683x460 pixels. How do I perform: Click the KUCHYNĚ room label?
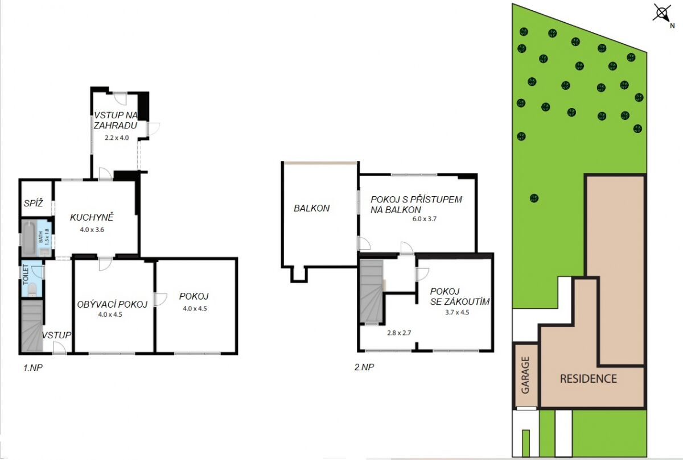92,217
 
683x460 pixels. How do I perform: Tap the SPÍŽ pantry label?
33,203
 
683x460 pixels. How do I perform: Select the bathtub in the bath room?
29,238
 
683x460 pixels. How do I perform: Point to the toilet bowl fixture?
32,290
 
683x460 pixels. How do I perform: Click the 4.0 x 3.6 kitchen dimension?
92,230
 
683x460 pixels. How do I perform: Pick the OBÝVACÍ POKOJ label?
112,304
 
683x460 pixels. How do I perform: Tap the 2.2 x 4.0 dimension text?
117,138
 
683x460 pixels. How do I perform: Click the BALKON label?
312,208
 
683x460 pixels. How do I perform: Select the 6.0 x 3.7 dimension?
425,219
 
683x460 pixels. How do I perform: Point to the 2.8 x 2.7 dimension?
399,333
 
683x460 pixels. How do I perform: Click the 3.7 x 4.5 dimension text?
457,312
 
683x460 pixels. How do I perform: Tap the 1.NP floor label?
33,368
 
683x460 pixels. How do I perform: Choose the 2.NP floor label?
364,367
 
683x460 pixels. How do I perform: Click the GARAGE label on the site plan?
525,375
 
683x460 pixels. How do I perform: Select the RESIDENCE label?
589,379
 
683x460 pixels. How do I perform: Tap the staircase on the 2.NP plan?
372,291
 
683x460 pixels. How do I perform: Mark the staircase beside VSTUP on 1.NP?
32,326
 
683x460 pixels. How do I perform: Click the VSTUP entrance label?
56,335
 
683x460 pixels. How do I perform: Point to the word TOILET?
26,275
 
